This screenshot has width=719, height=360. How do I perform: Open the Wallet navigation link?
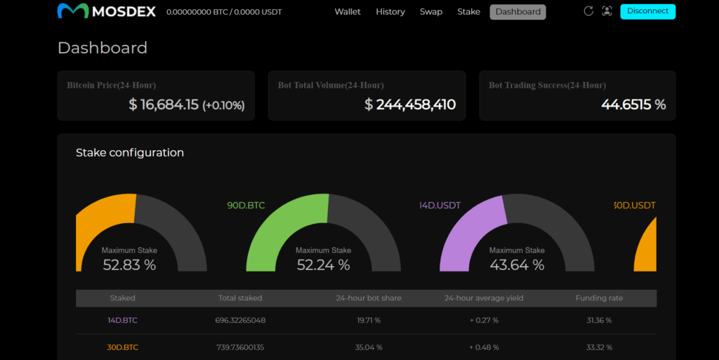point(348,12)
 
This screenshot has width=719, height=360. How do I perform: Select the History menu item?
point(390,12)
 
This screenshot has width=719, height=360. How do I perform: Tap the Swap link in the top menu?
point(431,12)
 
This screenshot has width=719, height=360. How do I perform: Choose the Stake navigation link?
point(468,12)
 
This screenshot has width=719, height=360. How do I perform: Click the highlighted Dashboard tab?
point(517,12)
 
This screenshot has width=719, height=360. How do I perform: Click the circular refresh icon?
point(588,11)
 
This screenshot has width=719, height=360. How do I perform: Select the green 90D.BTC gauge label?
point(246,206)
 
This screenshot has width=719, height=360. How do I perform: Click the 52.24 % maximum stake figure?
point(323,265)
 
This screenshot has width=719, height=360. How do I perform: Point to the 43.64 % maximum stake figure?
point(517,265)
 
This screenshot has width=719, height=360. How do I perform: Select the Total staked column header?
point(240,298)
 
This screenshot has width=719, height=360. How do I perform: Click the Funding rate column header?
point(599,298)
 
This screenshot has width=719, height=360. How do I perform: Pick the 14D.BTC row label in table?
point(122,321)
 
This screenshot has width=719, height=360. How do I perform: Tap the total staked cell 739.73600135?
point(240,347)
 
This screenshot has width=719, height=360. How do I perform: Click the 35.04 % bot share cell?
point(368,347)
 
